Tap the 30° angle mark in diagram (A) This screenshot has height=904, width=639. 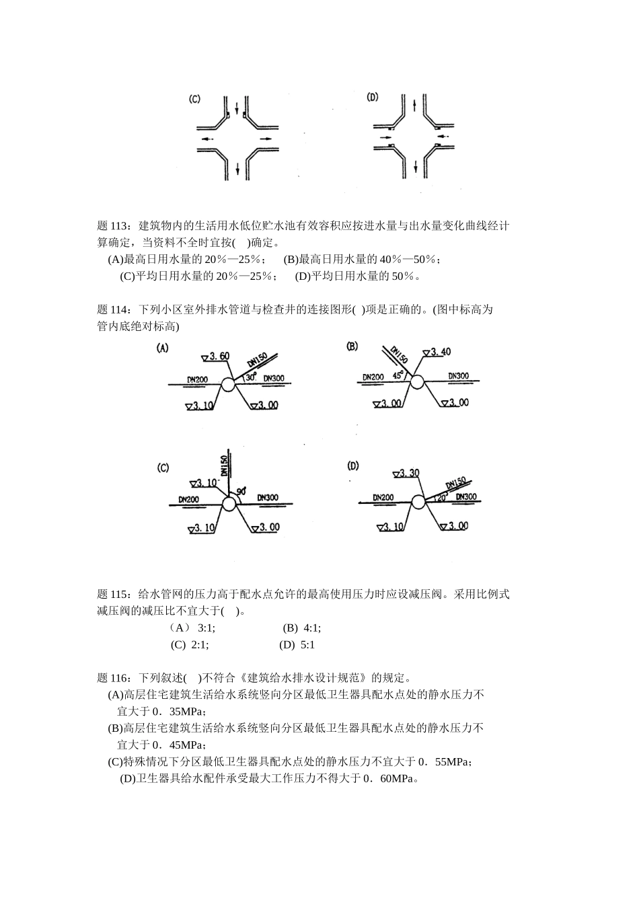[x=251, y=377]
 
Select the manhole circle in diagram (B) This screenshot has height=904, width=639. [x=417, y=382]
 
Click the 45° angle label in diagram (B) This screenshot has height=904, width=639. [x=399, y=375]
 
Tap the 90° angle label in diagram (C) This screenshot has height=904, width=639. [x=240, y=492]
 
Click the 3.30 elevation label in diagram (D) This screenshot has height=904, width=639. [x=407, y=473]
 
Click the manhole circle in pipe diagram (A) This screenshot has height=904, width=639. [x=228, y=384]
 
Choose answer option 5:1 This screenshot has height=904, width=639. [x=307, y=644]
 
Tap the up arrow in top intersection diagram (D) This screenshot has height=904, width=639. [x=416, y=106]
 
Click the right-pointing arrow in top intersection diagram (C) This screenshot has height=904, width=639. [x=266, y=139]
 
